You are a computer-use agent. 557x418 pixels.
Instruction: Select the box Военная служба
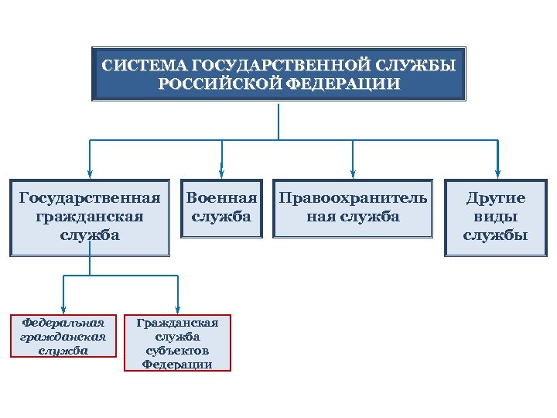[x=221, y=207]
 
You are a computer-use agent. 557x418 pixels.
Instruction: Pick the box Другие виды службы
[x=495, y=217]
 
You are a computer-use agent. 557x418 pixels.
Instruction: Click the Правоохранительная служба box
[x=353, y=207]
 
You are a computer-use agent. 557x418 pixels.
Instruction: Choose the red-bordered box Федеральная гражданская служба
[x=63, y=335]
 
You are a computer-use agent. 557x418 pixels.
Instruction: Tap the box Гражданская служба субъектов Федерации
[x=177, y=343]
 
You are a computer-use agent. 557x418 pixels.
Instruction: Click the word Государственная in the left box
[x=90, y=198]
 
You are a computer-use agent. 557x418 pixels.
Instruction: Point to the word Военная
[x=221, y=198]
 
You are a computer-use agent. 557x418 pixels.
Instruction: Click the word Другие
[x=495, y=198]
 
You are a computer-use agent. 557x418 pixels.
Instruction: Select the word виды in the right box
[x=495, y=217]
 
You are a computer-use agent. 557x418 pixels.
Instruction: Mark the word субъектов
[x=177, y=350]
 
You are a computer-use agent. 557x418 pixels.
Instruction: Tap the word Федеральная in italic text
[x=63, y=321]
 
